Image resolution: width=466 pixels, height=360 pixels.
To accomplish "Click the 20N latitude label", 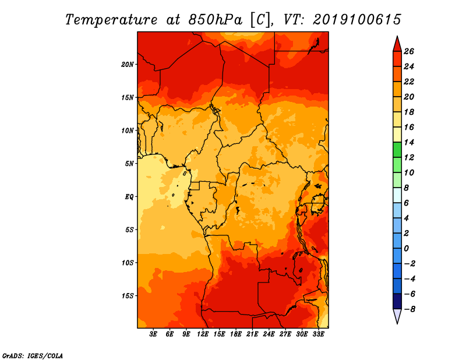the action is [128, 65].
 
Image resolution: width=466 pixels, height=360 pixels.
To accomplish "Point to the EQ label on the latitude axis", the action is [129, 197].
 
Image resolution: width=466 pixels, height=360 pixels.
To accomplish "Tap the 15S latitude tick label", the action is [128, 296].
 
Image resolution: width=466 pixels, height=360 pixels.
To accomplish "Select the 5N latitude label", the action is [129, 164].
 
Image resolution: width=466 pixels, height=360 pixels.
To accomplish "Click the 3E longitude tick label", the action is [153, 334].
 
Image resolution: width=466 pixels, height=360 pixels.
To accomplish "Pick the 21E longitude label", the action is [252, 334].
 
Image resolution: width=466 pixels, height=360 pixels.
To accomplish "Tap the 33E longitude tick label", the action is [318, 334].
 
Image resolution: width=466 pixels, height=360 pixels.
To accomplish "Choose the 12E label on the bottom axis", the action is [203, 334].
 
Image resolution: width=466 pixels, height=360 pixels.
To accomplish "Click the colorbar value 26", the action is [409, 51].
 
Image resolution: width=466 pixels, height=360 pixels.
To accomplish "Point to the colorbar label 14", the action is [409, 142].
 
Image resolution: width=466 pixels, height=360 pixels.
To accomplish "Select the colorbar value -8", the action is [409, 309].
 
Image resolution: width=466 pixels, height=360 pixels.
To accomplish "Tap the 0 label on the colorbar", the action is [406, 248].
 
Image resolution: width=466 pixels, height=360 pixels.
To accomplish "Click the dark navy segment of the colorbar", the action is [397, 301].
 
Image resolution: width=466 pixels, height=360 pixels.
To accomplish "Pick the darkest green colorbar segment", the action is [397, 150].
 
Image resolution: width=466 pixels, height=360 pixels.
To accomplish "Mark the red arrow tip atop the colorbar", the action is [397, 36].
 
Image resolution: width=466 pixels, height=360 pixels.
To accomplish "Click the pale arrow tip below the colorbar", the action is [397, 323].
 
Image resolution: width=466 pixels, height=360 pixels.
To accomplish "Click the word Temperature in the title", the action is [111, 20].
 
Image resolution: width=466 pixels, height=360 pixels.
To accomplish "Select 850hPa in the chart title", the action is [216, 20].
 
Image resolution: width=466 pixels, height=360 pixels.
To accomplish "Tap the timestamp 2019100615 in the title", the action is [357, 20].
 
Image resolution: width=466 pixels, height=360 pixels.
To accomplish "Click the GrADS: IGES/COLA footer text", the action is [33, 355].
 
